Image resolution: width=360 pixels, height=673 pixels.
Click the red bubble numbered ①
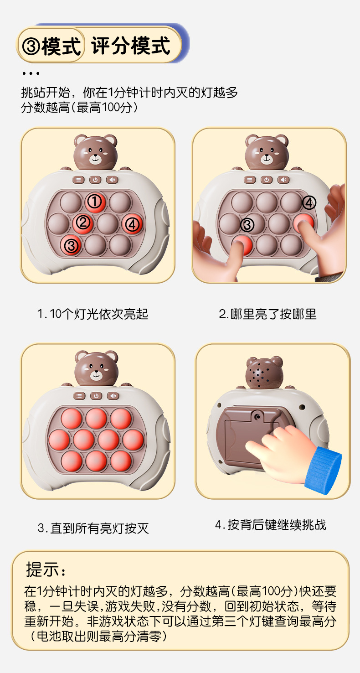95,201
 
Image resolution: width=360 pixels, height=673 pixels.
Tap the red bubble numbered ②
83,223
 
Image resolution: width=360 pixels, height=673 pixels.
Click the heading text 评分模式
131,46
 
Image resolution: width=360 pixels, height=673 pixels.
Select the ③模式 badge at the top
51,46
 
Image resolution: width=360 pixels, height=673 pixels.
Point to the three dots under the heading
31,73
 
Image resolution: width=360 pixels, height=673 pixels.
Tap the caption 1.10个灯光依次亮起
93,314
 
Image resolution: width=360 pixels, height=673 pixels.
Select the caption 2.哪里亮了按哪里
267,314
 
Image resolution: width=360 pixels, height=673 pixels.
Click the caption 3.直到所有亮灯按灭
93,528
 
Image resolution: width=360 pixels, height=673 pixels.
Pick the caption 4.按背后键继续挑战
270,525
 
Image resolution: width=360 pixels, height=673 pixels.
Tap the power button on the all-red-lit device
96,395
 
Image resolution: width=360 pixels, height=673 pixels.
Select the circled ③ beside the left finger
247,224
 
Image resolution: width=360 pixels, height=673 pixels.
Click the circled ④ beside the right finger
309,202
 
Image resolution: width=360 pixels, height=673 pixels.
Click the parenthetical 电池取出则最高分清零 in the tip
98,636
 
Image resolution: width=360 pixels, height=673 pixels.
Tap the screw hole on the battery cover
258,416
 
